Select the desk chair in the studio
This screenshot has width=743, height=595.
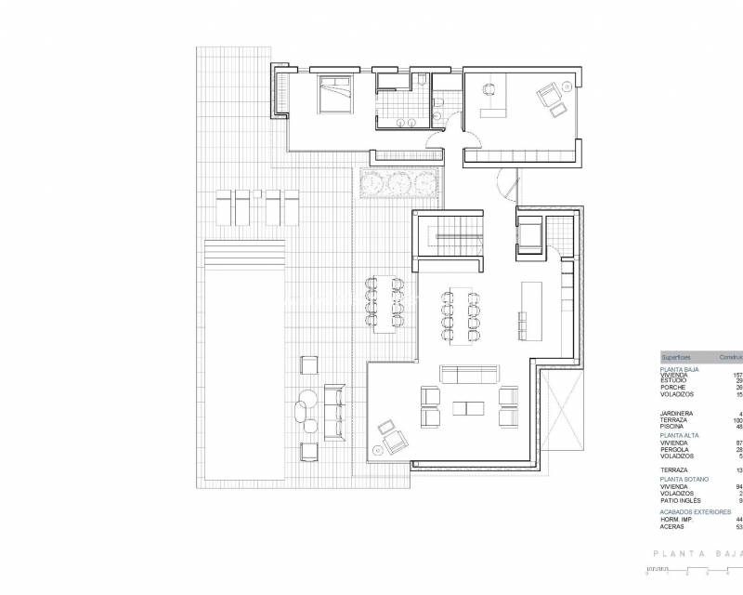[x=487, y=90]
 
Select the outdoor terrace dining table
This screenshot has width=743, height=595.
[x=384, y=302]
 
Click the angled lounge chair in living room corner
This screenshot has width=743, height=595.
[x=390, y=433]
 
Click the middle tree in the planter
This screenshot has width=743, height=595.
[x=399, y=181]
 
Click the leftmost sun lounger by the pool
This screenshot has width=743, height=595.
[x=223, y=206]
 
